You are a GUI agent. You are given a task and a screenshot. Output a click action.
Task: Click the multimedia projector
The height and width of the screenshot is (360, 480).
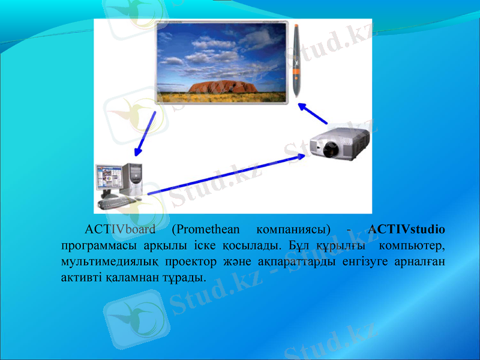click(x=340, y=144)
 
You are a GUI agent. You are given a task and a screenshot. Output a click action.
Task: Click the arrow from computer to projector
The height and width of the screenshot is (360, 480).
click(x=228, y=174)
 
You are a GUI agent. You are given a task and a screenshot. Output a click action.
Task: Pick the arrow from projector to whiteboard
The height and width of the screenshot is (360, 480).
click(x=312, y=112)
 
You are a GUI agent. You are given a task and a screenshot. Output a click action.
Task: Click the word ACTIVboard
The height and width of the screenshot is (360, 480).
click(x=120, y=229)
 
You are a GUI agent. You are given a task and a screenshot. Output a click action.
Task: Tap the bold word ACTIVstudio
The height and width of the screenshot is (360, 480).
click(x=407, y=229)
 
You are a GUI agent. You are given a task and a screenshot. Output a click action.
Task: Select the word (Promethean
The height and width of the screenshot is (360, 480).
click(x=205, y=229)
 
